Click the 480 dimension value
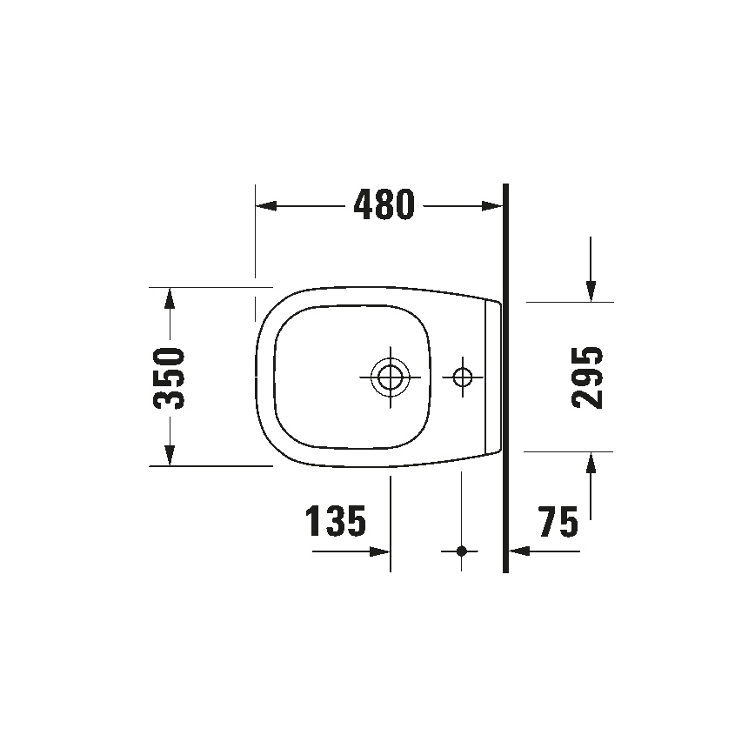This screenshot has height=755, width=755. pyautogui.click(x=383, y=205)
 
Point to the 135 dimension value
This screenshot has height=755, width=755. pyautogui.click(x=335, y=522)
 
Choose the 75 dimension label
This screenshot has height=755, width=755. pyautogui.click(x=558, y=523)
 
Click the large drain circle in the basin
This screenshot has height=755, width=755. pyautogui.click(x=389, y=377)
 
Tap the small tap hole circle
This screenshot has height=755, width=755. pyautogui.click(x=462, y=377)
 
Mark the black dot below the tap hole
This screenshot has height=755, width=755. pyautogui.click(x=462, y=551)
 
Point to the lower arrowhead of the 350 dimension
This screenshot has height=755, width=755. pyautogui.click(x=170, y=455)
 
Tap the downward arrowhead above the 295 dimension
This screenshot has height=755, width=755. pyautogui.click(x=591, y=291)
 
